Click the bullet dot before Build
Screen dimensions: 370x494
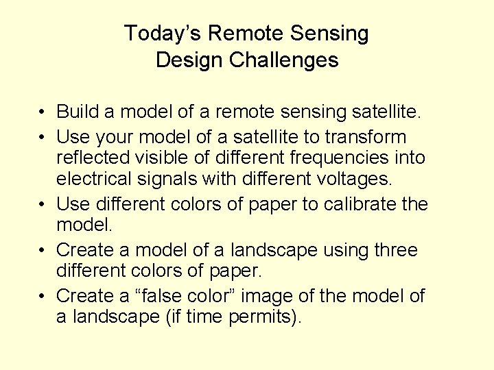(x=43, y=112)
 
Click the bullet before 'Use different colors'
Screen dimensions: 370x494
(x=43, y=205)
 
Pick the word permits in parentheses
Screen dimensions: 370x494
(x=264, y=317)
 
